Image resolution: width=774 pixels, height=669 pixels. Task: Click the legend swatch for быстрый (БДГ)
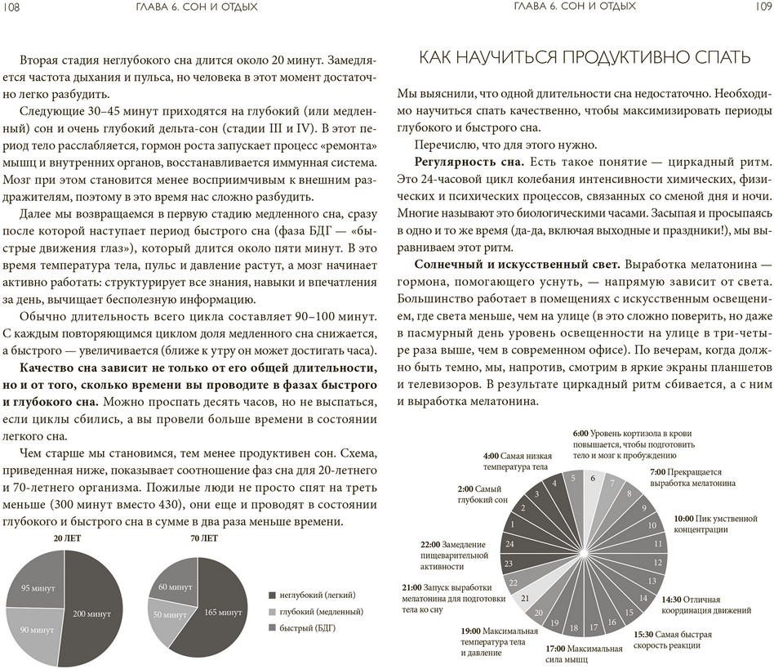point(273,627)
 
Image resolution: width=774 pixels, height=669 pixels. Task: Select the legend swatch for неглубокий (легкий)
point(273,595)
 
